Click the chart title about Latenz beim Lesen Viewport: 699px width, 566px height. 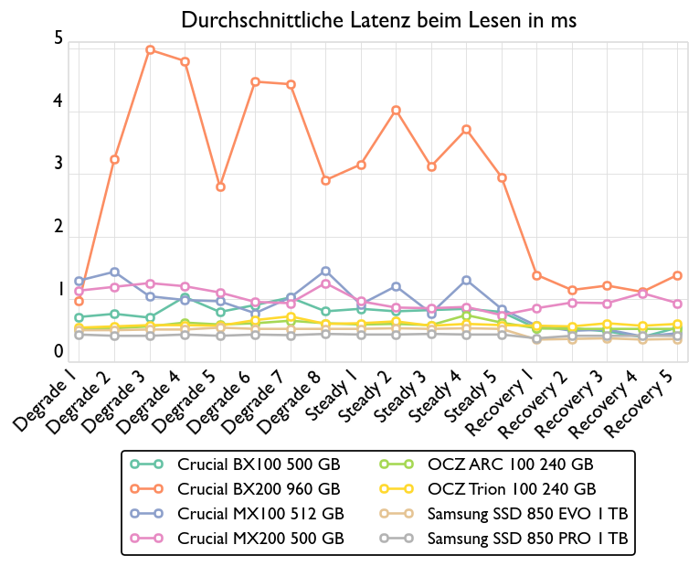click(x=378, y=19)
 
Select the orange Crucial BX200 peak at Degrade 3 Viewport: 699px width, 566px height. click(x=151, y=50)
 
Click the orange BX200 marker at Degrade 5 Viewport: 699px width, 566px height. click(x=220, y=187)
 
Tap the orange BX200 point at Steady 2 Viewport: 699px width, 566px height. click(x=396, y=110)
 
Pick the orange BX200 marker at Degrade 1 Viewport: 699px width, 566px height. click(x=79, y=301)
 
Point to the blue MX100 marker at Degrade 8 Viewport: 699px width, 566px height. click(x=325, y=271)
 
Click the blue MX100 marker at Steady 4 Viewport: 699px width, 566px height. click(x=466, y=280)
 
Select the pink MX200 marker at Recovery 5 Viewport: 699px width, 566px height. click(x=677, y=304)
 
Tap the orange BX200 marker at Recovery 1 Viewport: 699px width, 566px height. click(x=536, y=275)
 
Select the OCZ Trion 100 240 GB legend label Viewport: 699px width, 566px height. click(x=511, y=489)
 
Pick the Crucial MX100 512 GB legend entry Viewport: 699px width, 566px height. click(x=260, y=514)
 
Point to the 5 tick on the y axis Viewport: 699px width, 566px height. click(x=58, y=39)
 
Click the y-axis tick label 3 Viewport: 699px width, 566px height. click(x=58, y=165)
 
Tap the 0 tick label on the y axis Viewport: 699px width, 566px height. click(x=58, y=352)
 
